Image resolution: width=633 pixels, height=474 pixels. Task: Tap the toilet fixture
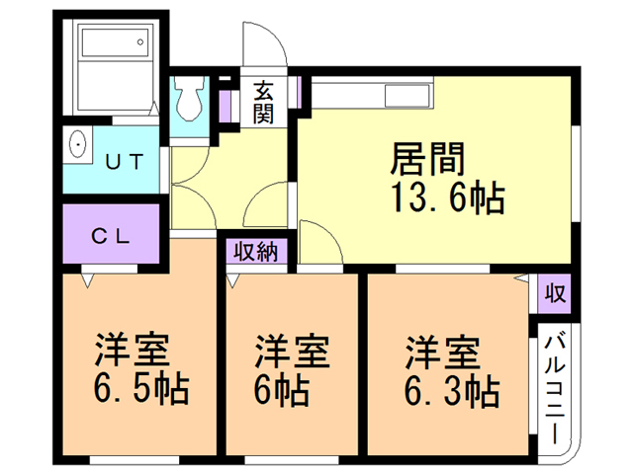187,99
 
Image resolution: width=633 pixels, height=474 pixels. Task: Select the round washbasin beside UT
78,147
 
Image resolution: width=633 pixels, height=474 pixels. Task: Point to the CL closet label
113,236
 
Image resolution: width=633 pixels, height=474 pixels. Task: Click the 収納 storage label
256,251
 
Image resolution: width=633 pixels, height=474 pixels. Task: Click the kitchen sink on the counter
406,96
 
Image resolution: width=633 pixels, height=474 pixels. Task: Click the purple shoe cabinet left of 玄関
226,105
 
